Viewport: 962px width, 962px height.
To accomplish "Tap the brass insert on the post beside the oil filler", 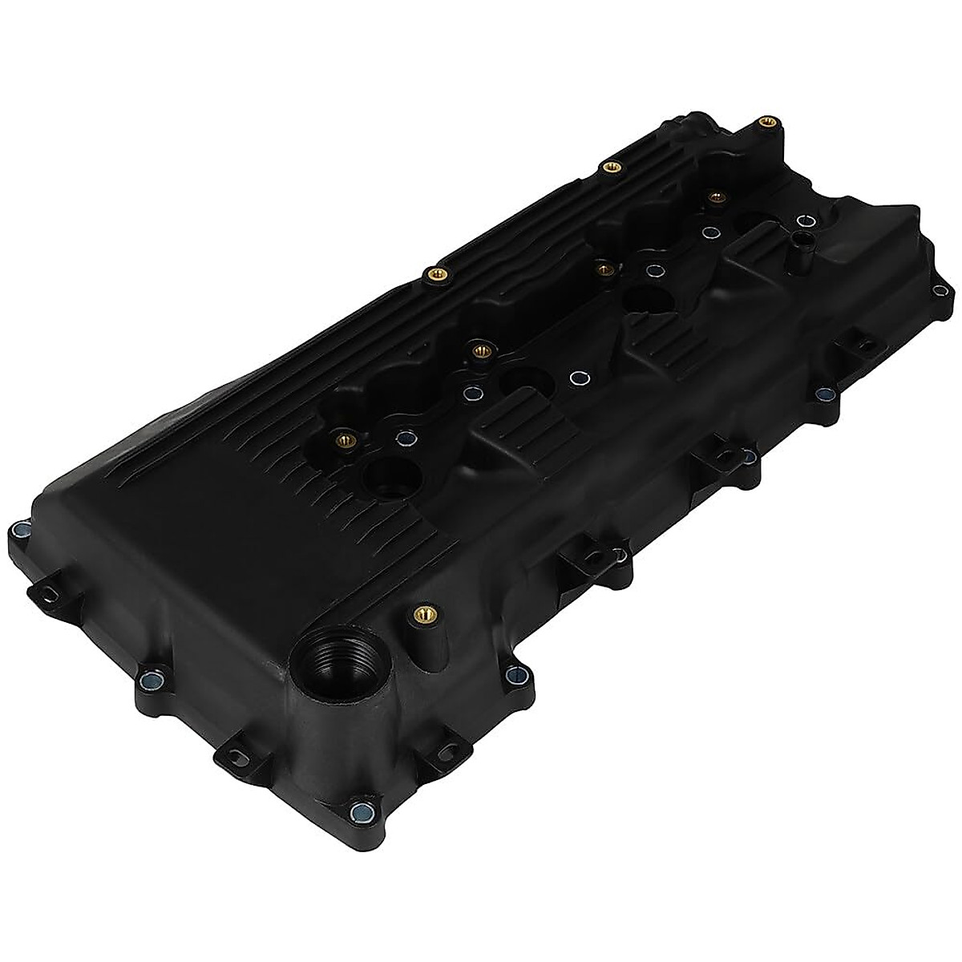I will tap(416, 616).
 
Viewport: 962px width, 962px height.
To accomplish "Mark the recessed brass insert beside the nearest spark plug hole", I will tap(346, 439).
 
